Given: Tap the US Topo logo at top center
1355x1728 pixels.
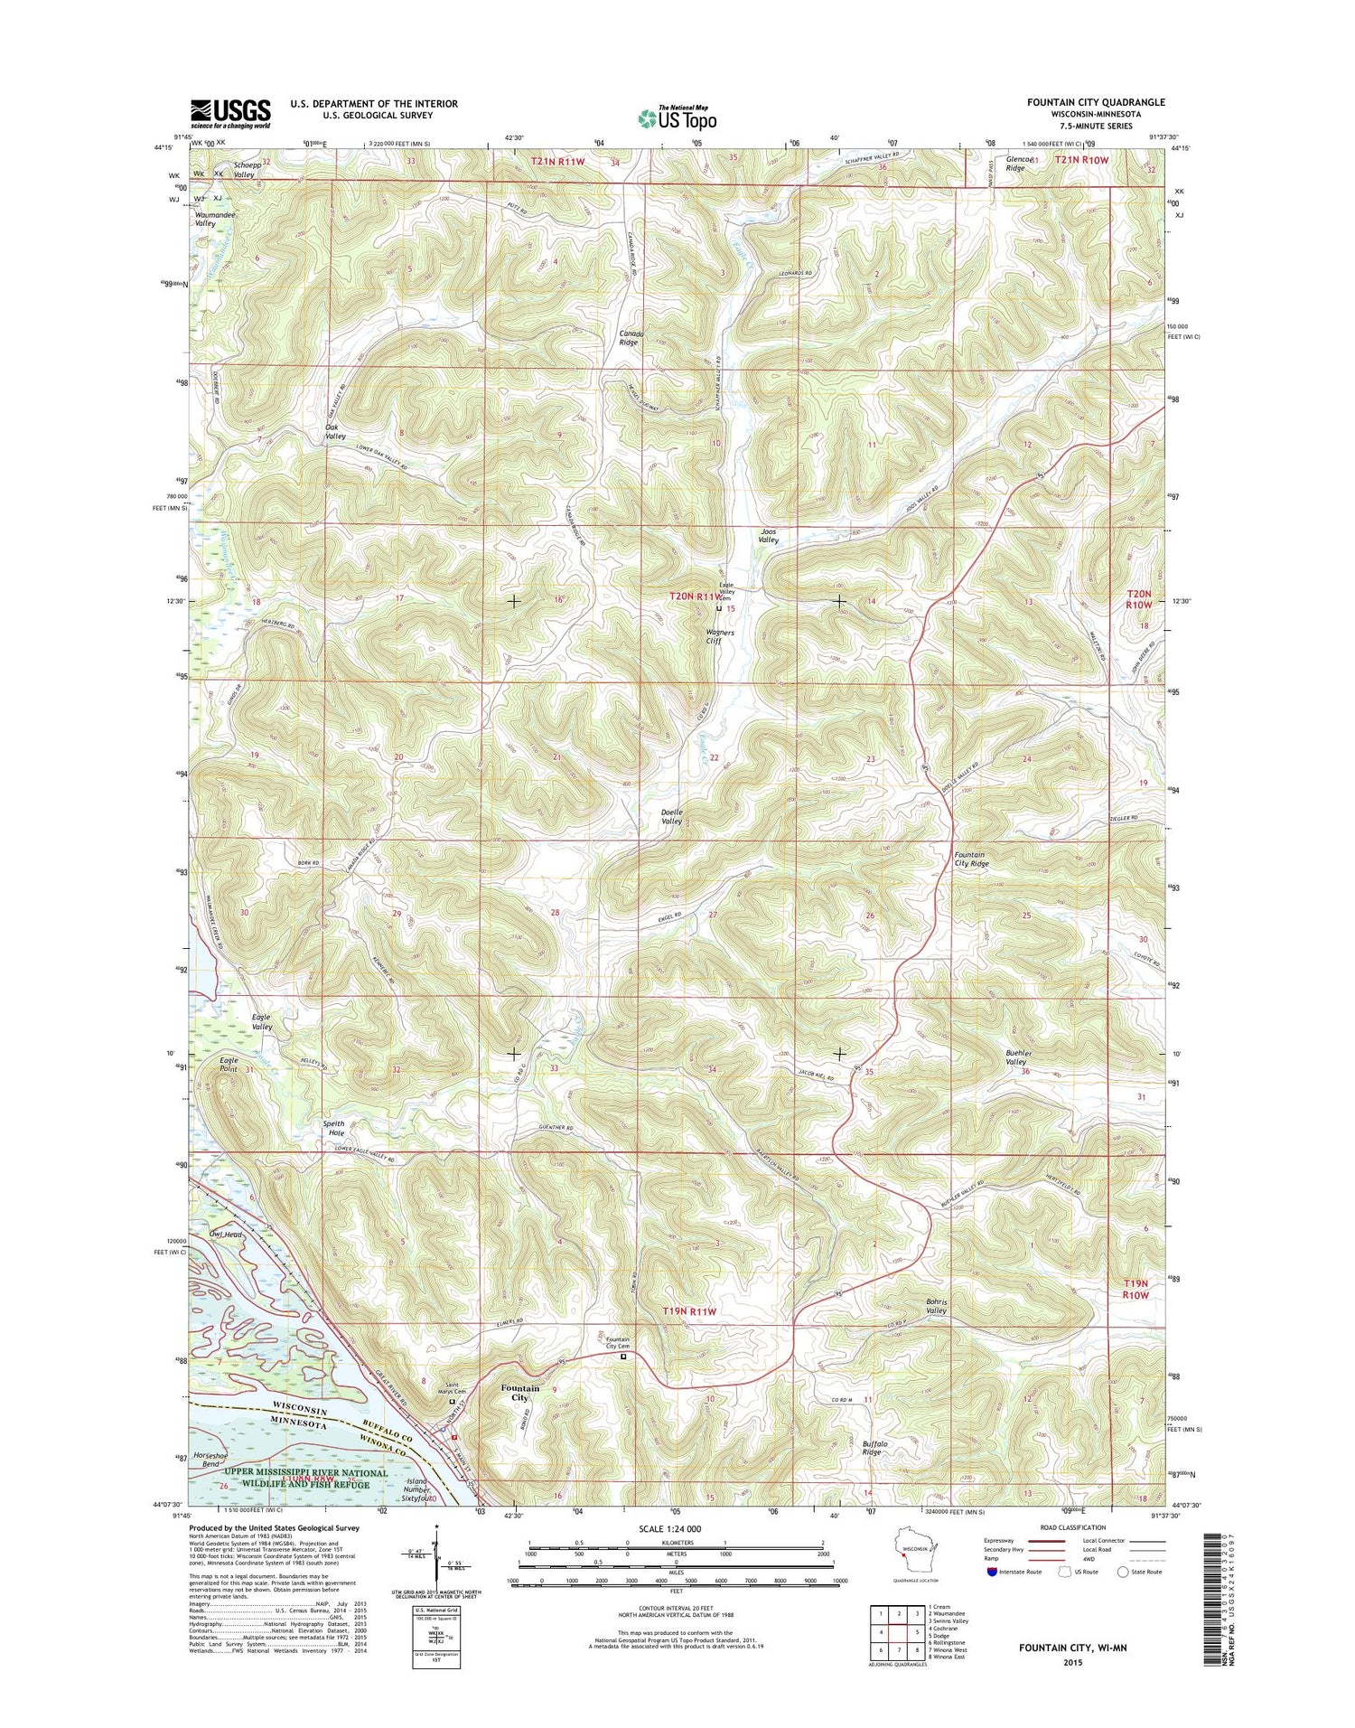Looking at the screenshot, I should [x=677, y=117].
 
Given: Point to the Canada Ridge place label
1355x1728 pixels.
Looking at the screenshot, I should [x=629, y=337].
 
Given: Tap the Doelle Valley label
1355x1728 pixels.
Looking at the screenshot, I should [x=671, y=816].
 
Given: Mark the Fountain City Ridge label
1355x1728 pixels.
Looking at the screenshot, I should [x=971, y=859].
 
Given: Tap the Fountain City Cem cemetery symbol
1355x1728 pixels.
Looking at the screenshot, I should [x=622, y=1356].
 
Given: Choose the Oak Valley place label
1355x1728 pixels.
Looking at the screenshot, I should [x=336, y=431].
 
